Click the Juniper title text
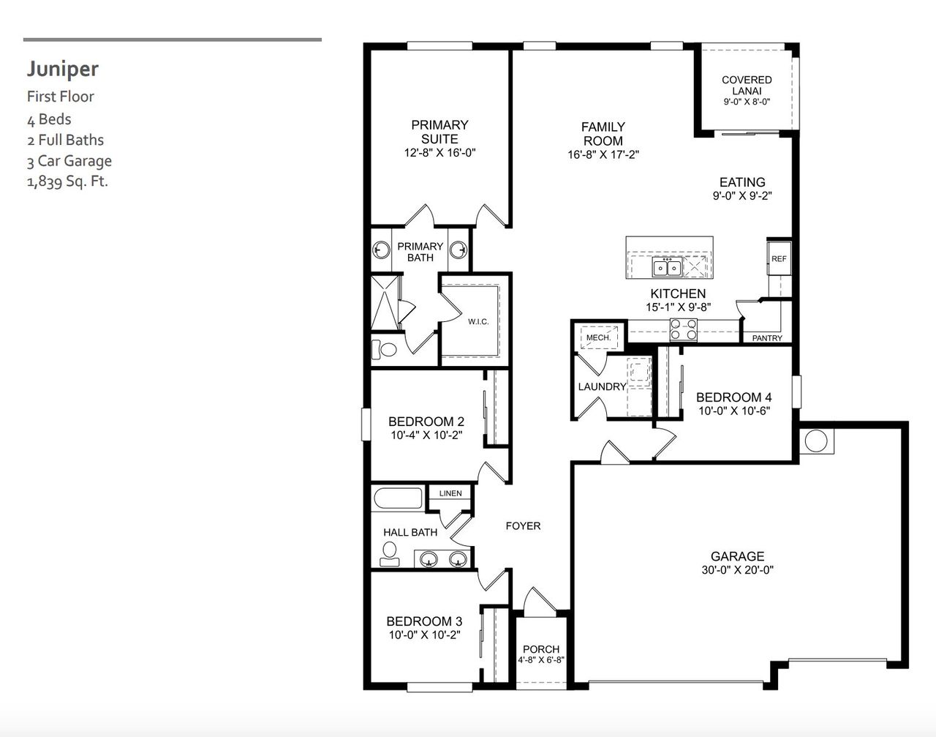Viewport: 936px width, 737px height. [x=63, y=69]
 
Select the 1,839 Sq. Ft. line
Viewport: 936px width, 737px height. [x=67, y=182]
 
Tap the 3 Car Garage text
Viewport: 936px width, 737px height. [x=69, y=161]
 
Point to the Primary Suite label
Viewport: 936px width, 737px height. [x=439, y=132]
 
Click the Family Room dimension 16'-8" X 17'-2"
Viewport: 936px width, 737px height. [x=603, y=155]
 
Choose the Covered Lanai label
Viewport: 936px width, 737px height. [x=747, y=85]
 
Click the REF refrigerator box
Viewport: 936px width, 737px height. [x=779, y=258]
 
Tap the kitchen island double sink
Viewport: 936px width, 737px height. [x=667, y=268]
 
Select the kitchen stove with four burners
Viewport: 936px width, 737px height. [x=684, y=331]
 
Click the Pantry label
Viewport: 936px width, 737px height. [x=767, y=338]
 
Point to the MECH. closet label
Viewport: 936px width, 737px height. [x=598, y=337]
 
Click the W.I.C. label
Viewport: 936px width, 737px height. [x=478, y=322]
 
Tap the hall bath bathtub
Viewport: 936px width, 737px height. [x=398, y=499]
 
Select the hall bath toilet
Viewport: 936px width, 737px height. [x=390, y=553]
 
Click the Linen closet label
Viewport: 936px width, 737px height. [x=450, y=493]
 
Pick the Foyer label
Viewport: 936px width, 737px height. [x=523, y=525]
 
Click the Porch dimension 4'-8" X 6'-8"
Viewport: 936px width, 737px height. [x=541, y=660]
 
